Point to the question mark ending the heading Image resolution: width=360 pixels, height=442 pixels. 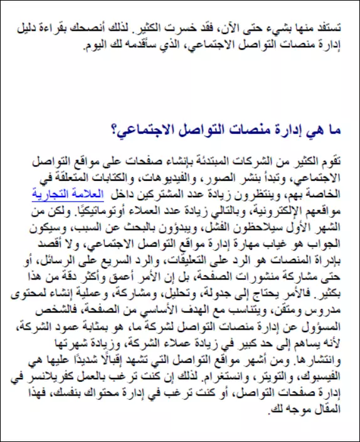tap(114, 130)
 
